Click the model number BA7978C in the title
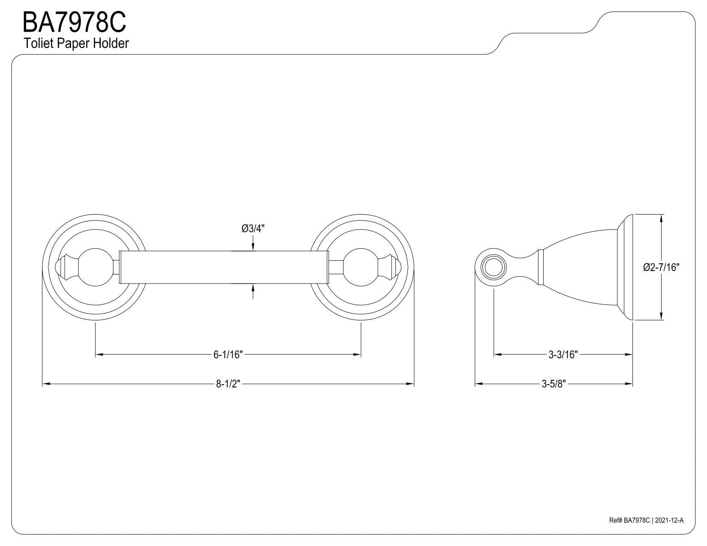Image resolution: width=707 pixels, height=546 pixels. tap(74, 22)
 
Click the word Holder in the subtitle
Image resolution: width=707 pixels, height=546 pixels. tap(111, 43)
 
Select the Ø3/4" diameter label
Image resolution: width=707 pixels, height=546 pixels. tap(253, 229)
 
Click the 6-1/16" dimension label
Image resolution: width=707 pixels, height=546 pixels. tap(228, 355)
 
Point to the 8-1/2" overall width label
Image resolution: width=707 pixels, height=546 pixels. tap(228, 384)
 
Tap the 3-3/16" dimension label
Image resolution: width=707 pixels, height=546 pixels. tap(563, 355)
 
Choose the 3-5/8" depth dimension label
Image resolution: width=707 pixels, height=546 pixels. tap(554, 384)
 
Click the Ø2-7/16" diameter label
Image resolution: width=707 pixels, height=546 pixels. tap(662, 267)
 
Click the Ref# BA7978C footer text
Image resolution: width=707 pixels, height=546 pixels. tap(629, 529)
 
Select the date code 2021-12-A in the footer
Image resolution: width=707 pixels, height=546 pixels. tap(669, 529)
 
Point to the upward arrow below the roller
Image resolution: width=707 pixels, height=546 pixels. tap(253, 292)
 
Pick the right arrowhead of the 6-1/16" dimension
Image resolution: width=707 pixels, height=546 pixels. tap(357, 355)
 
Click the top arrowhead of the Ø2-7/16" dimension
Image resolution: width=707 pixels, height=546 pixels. tap(661, 218)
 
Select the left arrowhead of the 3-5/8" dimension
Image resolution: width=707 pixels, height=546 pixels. tap(479, 384)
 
